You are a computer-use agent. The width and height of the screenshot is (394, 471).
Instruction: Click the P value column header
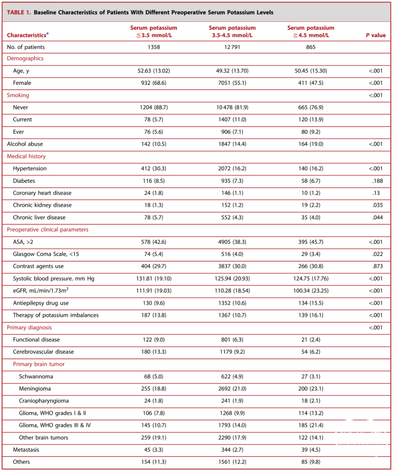click(376, 35)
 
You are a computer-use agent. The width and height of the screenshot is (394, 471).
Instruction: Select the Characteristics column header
click(28, 35)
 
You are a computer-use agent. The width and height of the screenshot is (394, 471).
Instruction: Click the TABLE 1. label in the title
click(19, 12)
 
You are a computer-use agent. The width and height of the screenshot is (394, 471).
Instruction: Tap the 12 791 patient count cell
click(232, 47)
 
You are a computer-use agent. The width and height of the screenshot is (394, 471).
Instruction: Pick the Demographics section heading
click(25, 58)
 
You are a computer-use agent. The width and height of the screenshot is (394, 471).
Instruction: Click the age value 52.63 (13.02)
click(154, 71)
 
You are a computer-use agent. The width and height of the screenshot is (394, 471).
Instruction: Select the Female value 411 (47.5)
click(310, 83)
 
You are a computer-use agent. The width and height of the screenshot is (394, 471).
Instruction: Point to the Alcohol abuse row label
click(25, 144)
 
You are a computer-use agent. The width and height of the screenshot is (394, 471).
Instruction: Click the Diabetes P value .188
click(378, 181)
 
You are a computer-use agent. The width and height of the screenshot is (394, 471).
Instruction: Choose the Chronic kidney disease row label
click(42, 205)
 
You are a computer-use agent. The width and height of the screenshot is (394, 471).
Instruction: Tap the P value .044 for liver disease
click(378, 217)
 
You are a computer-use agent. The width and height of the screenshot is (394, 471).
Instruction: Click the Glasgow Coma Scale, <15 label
click(46, 254)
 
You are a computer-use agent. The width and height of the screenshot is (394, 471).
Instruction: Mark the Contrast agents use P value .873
click(378, 266)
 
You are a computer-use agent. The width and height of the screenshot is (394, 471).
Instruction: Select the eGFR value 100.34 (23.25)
click(311, 291)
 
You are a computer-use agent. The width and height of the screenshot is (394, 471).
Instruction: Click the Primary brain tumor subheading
click(39, 364)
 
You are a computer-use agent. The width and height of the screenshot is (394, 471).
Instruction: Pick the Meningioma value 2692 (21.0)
click(232, 388)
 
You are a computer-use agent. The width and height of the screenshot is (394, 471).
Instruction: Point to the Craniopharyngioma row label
click(44, 401)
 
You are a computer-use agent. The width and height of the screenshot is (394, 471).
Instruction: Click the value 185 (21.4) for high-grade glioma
click(310, 425)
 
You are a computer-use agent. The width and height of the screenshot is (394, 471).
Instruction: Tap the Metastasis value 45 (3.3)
click(154, 450)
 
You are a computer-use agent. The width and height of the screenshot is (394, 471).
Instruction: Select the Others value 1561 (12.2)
click(232, 462)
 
